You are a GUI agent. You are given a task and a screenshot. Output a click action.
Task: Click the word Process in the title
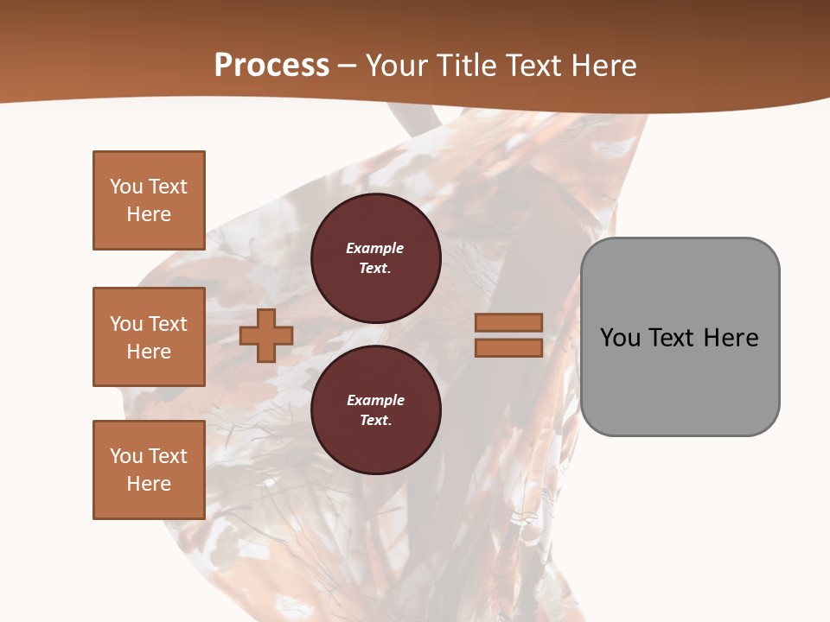[x=271, y=66]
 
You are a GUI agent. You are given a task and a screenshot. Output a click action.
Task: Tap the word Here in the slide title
[x=604, y=66]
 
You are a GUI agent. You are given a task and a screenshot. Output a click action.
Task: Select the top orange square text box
[x=149, y=200]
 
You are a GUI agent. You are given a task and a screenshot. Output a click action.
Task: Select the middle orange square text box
[x=149, y=337]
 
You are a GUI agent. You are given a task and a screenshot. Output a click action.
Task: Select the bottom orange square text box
[x=149, y=470]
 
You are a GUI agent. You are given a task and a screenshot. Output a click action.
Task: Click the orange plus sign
[x=266, y=335]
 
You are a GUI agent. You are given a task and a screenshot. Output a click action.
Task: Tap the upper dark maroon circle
[x=376, y=257]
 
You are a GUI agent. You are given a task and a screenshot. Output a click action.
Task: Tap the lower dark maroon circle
[x=376, y=409]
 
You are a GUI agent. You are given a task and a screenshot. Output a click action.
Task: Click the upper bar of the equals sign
[x=508, y=322]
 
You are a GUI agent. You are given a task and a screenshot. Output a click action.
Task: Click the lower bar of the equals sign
[x=508, y=347]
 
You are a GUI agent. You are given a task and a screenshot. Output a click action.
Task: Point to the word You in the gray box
[x=621, y=338]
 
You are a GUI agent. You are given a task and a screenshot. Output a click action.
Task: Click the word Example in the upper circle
[x=374, y=248]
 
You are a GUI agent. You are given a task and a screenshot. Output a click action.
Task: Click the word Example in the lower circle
[x=375, y=400]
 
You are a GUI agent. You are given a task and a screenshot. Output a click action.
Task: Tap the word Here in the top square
[x=149, y=214]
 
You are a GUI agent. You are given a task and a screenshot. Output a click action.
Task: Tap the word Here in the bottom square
[x=149, y=484]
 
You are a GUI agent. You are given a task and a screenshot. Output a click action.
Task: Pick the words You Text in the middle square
[x=149, y=324]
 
